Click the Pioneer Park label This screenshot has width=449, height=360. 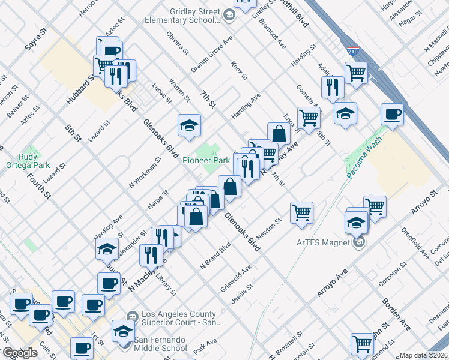206,161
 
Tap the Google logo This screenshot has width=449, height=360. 20,353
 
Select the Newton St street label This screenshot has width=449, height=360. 268,229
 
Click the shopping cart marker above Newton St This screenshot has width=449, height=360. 301,212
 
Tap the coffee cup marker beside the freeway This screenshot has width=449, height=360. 393,115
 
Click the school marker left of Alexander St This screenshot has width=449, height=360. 107,248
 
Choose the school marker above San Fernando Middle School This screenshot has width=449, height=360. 123,331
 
